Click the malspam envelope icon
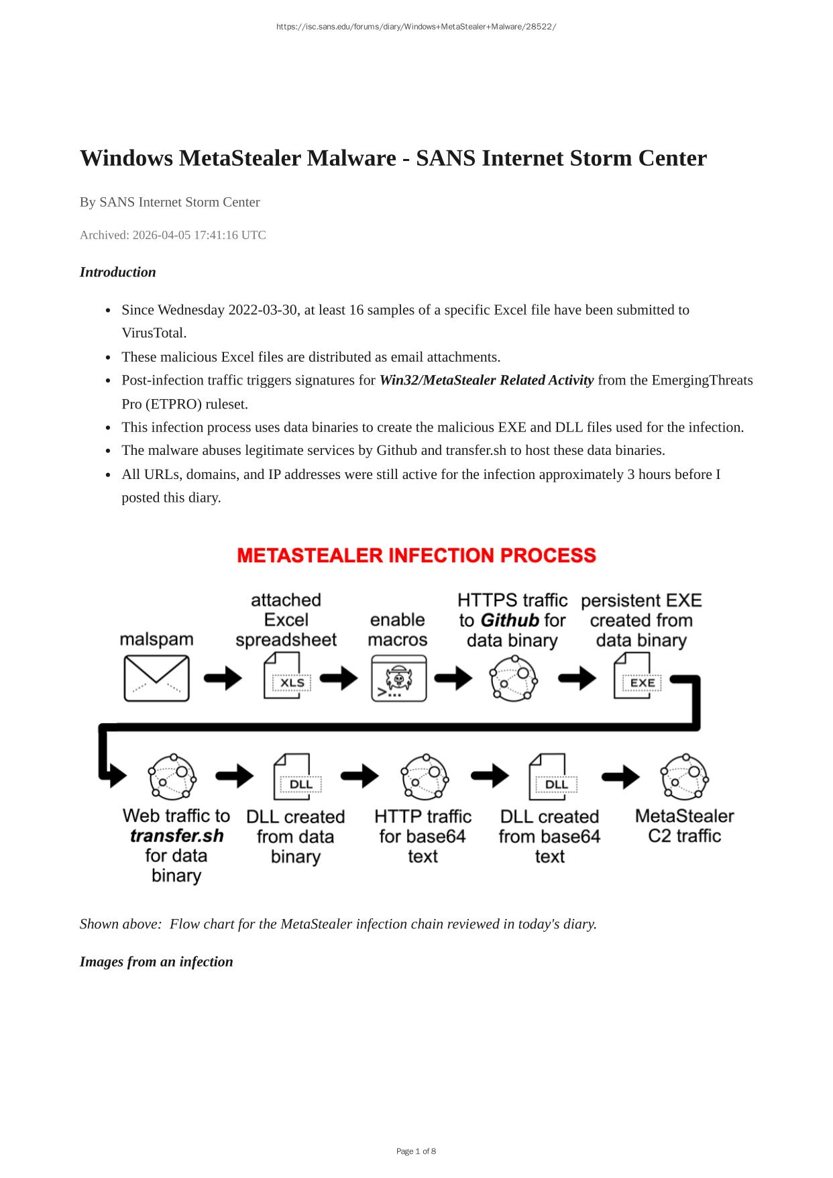(156, 678)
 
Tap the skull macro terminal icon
(399, 678)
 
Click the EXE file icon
(636, 676)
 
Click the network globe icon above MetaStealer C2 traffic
(684, 777)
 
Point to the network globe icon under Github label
(514, 678)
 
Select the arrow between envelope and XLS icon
(223, 678)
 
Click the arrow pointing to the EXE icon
(577, 678)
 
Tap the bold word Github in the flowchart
(510, 620)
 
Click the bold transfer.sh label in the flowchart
(176, 836)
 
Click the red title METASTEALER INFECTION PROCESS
(416, 555)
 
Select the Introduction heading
(117, 272)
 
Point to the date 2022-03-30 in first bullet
(263, 310)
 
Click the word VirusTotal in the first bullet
(154, 333)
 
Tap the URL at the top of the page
(416, 27)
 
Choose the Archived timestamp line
(173, 235)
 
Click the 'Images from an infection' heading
(156, 961)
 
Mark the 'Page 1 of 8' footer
(416, 1151)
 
